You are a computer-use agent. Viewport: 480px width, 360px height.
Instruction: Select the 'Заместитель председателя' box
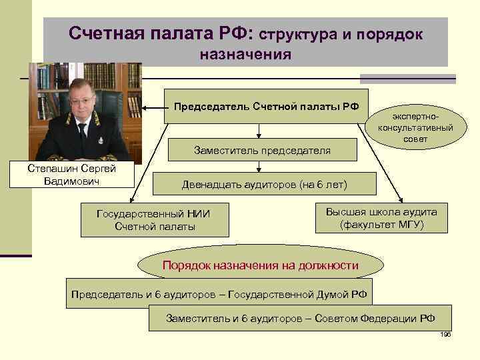(x=262, y=151)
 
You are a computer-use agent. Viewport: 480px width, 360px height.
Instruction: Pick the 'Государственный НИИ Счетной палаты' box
(x=155, y=220)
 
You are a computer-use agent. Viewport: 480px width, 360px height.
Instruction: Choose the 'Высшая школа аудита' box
(x=381, y=218)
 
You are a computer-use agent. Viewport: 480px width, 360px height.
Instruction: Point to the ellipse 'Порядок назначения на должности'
(x=261, y=265)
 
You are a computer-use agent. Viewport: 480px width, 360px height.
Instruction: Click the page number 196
(x=446, y=334)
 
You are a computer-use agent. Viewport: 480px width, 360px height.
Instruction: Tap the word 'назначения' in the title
(x=245, y=54)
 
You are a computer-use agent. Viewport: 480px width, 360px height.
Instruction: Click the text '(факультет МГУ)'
(x=381, y=225)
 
